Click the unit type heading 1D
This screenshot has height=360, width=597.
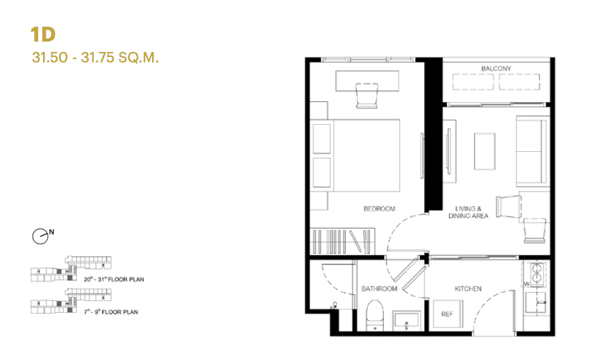pyautogui.click(x=43, y=35)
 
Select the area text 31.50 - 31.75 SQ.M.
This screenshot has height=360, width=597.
pyautogui.click(x=96, y=58)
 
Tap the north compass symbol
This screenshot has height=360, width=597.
pyautogui.click(x=41, y=237)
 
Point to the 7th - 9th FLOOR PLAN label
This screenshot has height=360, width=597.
pyautogui.click(x=111, y=312)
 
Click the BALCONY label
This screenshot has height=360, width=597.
pyautogui.click(x=496, y=68)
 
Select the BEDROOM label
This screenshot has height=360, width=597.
pyautogui.click(x=379, y=209)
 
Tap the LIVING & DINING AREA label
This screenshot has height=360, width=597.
pyautogui.click(x=472, y=212)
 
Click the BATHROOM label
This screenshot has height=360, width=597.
pyautogui.click(x=379, y=289)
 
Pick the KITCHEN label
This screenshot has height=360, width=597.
pyautogui.click(x=468, y=289)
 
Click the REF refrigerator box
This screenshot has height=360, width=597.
pyautogui.click(x=447, y=314)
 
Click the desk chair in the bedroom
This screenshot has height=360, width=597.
pyautogui.click(x=367, y=95)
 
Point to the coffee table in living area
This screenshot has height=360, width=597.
pyautogui.click(x=485, y=151)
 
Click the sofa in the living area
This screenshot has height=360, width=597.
pyautogui.click(x=532, y=151)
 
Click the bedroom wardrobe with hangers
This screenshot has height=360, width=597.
pyautogui.click(x=343, y=241)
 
